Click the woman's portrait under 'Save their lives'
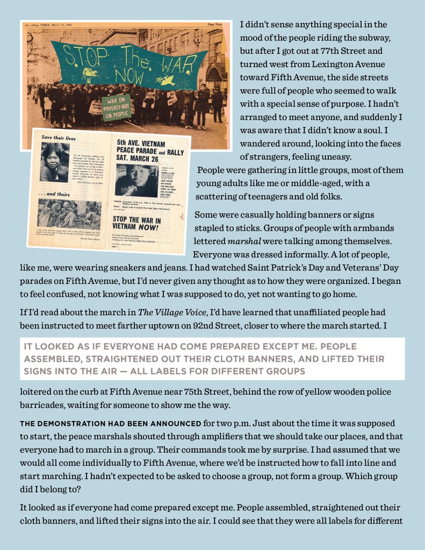pyautogui.click(x=55, y=162)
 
